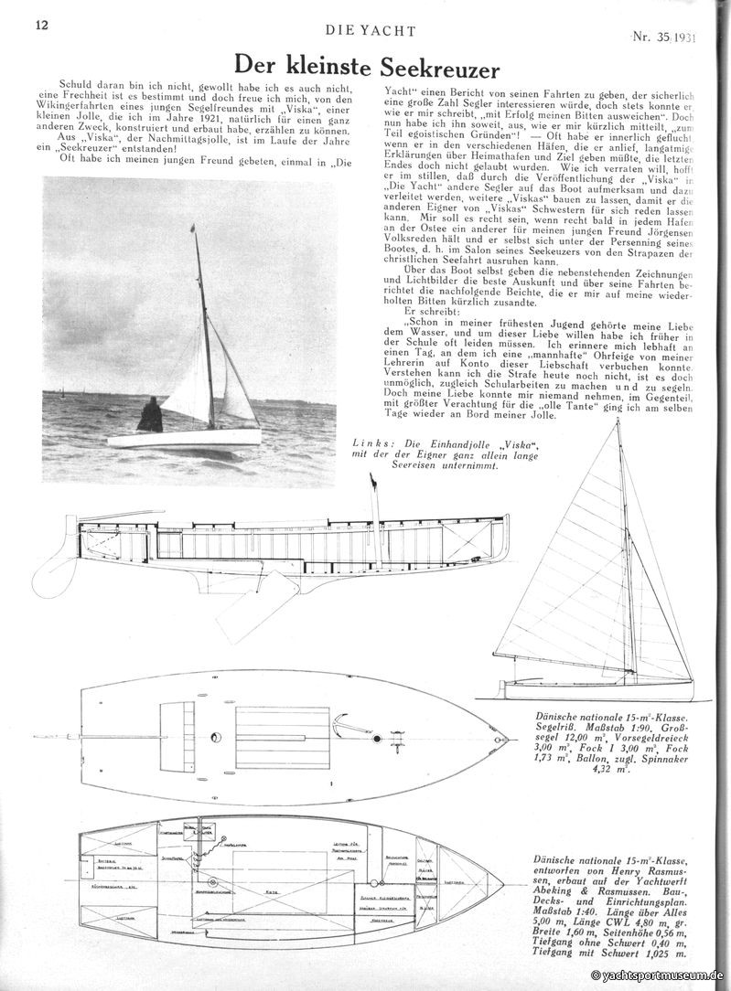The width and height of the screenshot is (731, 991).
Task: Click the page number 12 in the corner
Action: tap(42, 25)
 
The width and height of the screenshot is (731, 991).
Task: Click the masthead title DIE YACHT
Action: tap(371, 30)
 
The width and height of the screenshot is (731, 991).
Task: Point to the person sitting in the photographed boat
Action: tap(150, 416)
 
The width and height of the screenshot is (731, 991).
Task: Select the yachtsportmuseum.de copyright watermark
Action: tap(658, 976)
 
